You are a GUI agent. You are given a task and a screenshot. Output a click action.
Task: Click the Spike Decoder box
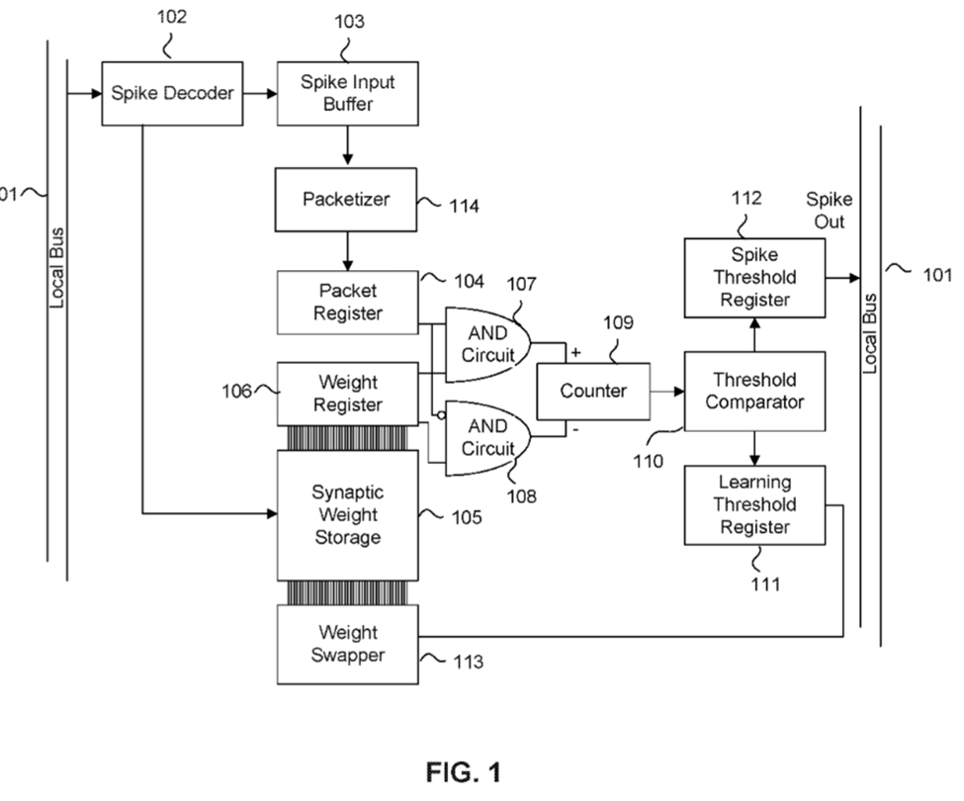click(x=172, y=95)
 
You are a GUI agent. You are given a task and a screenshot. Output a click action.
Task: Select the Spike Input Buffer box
click(x=347, y=95)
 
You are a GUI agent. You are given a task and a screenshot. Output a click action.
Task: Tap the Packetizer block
click(x=346, y=200)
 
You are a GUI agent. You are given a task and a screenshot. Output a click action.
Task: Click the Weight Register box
click(x=347, y=393)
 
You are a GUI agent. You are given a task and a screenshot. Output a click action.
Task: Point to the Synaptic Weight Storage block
click(x=347, y=515)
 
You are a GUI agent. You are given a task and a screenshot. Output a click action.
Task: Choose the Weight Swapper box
click(x=347, y=645)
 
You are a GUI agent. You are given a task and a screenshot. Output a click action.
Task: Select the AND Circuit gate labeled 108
click(x=485, y=437)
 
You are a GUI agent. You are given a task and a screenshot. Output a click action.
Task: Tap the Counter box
click(x=593, y=391)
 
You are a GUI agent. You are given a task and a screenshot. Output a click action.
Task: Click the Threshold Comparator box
click(x=754, y=392)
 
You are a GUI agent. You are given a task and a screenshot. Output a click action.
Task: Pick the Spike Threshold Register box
click(x=754, y=277)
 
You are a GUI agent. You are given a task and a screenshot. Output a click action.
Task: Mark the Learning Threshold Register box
click(x=754, y=504)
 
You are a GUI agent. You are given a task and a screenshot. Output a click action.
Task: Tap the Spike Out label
click(x=829, y=210)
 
